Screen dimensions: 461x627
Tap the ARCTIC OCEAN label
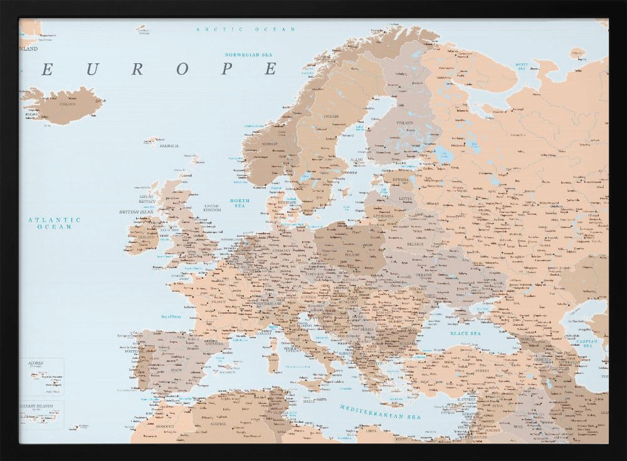[245, 29]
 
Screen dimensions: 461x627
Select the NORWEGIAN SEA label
[251, 54]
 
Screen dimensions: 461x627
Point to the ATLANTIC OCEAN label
[55, 223]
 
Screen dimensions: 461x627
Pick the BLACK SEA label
[465, 334]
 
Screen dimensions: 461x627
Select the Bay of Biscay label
[171, 316]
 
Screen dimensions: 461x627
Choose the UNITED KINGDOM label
[213, 207]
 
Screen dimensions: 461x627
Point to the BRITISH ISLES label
[137, 212]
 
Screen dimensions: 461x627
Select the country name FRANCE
[218, 302]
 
